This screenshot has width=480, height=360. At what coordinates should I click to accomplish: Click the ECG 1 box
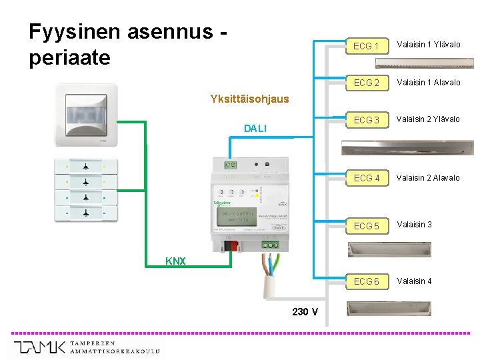(366, 46)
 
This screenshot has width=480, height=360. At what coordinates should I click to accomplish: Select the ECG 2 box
(366, 83)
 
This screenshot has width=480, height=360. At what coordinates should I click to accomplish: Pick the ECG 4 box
(366, 178)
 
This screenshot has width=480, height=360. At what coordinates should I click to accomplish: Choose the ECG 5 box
(366, 226)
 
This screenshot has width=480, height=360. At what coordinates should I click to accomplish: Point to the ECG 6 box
(366, 281)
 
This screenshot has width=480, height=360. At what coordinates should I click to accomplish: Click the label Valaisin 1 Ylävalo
(429, 45)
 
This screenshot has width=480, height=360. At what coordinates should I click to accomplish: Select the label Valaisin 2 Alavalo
(429, 177)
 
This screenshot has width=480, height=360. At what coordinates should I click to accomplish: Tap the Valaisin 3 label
(415, 224)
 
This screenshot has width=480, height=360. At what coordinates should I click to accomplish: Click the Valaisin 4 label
(415, 281)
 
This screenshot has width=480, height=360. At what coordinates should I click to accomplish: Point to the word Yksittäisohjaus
(249, 99)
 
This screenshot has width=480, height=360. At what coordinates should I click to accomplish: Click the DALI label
(255, 128)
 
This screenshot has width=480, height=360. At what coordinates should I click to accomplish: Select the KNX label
(176, 261)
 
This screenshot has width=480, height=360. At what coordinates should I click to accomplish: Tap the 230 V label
(305, 311)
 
